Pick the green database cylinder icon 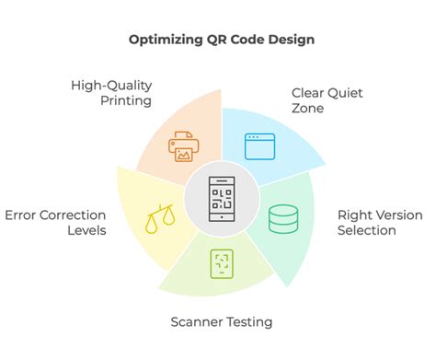point(281,220)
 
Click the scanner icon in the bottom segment point(221,262)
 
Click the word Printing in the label point(127,100)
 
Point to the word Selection point(367,230)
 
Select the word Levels point(84,230)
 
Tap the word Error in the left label point(21,215)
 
